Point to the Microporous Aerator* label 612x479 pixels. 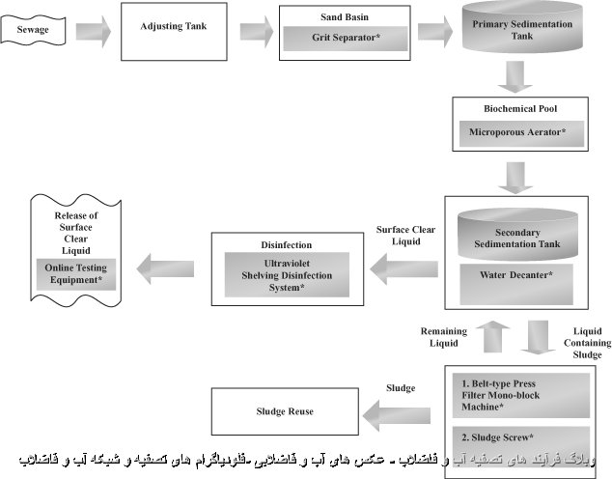[517, 130]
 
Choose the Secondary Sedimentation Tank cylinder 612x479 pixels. [517, 235]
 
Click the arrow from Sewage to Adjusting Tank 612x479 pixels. [92, 31]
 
